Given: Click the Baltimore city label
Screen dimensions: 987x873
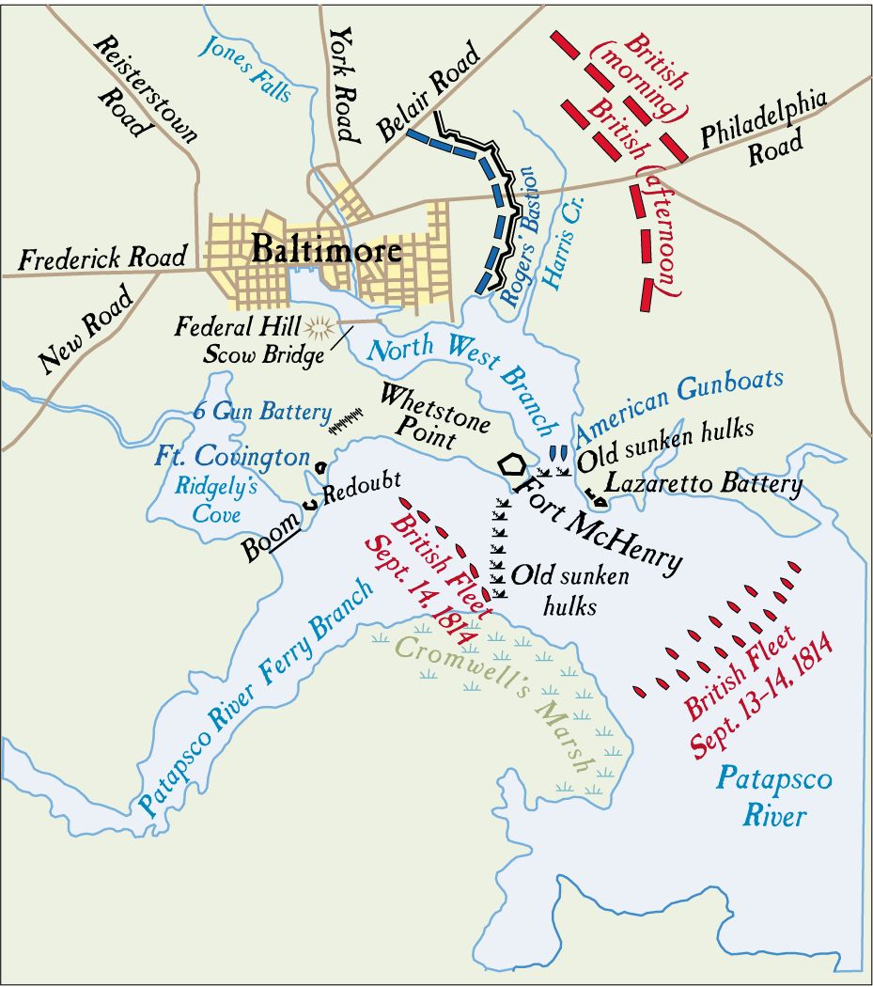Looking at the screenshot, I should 325,250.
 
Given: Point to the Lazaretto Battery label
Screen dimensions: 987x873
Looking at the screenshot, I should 704,485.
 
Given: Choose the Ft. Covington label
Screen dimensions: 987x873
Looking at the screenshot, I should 232,458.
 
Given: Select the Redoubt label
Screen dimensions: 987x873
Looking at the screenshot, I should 361,492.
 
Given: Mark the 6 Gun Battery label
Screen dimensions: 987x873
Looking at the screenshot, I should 262,411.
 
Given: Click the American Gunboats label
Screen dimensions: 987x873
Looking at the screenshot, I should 678,405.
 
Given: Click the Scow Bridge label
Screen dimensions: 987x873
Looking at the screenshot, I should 264,355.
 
